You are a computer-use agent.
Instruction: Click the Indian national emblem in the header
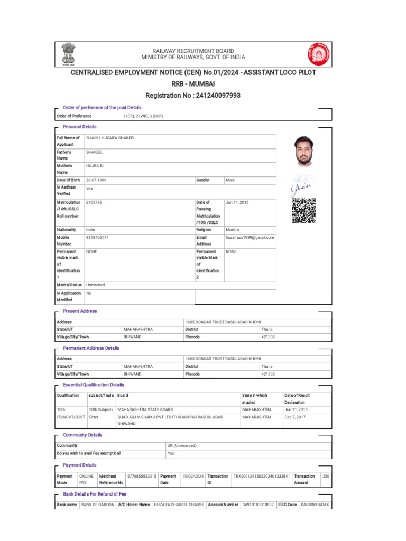[69, 54]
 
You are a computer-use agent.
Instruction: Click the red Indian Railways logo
[317, 54]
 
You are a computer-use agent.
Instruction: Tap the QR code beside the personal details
[303, 211]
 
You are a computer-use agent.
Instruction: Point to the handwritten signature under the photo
[301, 187]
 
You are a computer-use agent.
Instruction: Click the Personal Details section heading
[80, 127]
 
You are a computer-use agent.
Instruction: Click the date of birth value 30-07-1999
[96, 180]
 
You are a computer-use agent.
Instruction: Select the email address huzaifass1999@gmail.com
[250, 238]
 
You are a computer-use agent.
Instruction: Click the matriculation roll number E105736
[94, 202]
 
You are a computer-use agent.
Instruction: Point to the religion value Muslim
[233, 230]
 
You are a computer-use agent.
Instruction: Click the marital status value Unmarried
[96, 285]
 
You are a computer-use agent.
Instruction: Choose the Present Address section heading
[80, 311]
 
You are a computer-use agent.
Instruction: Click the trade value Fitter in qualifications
[94, 417]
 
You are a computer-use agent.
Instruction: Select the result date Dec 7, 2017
[295, 417]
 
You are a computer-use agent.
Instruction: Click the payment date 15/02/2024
[192, 476]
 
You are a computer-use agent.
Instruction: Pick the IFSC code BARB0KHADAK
[315, 505]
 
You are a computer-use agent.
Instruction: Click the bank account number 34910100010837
[258, 505]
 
